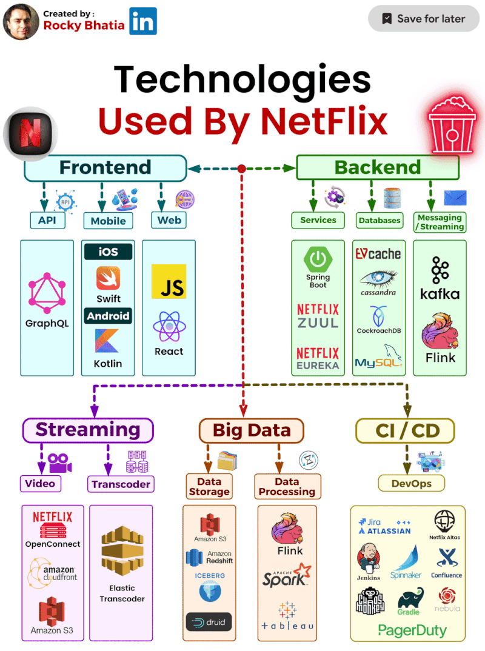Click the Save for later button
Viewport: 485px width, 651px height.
tap(423, 19)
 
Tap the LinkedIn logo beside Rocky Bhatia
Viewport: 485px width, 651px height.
tap(143, 21)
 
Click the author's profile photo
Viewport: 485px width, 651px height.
tap(21, 21)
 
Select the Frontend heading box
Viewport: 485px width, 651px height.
tap(105, 168)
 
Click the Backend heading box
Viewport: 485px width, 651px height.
tap(377, 168)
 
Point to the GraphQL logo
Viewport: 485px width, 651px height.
tap(47, 293)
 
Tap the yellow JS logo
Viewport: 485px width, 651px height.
tap(169, 281)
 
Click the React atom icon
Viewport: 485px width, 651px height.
tap(169, 327)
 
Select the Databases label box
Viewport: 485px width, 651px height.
tap(380, 220)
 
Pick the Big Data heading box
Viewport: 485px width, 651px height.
tap(251, 430)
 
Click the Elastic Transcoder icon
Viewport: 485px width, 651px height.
tap(121, 552)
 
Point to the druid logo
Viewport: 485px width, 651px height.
tap(209, 622)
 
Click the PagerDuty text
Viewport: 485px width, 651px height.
tap(412, 630)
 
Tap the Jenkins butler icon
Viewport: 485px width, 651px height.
tap(369, 556)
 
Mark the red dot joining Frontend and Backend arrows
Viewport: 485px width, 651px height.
tap(242, 169)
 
